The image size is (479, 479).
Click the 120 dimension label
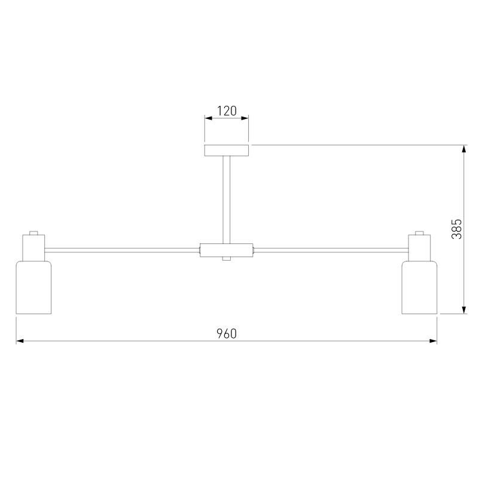coord(227,111)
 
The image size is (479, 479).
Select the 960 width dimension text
coord(227,334)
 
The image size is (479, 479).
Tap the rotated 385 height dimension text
coord(457,229)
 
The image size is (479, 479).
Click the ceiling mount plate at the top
coord(227,150)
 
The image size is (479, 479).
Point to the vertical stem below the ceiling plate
coord(227,200)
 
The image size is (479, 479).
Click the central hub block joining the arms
coord(227,250)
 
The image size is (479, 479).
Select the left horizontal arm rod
coord(122,251)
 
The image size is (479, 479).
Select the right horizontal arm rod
coord(331,251)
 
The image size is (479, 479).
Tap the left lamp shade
coord(33,287)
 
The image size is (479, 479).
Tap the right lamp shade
coord(419,287)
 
